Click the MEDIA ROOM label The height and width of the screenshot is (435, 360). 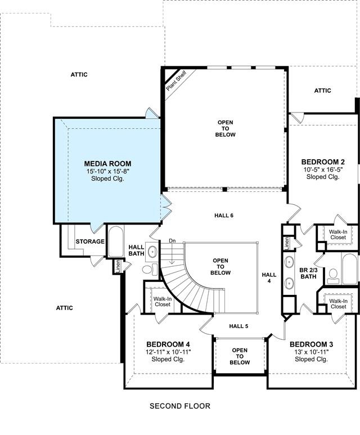point(107,164)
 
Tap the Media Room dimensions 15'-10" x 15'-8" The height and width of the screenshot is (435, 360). point(108,171)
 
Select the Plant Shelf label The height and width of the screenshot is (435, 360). point(177,80)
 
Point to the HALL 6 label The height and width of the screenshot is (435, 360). point(224,216)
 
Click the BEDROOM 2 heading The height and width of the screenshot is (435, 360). point(323,162)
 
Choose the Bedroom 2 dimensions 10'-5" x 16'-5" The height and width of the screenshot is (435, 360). point(323,169)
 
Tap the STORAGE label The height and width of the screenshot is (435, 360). point(90,241)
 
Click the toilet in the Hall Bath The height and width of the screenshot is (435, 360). point(150,269)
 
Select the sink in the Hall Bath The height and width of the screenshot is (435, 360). point(152,252)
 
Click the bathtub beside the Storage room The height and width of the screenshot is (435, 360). point(116,241)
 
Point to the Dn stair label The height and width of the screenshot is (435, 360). point(172,241)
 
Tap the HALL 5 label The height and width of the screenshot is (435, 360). point(238,326)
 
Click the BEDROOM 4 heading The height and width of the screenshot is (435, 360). point(168,344)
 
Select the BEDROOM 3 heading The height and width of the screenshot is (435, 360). point(311,344)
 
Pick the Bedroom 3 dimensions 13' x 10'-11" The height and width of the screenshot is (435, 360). point(312,352)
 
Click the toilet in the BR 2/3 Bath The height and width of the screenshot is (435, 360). point(333,276)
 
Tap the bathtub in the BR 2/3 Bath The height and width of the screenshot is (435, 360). point(349,269)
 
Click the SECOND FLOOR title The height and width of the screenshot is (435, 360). point(180,406)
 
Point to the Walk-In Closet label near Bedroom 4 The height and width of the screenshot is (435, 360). point(163,302)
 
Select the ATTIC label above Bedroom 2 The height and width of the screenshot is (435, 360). point(322,91)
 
